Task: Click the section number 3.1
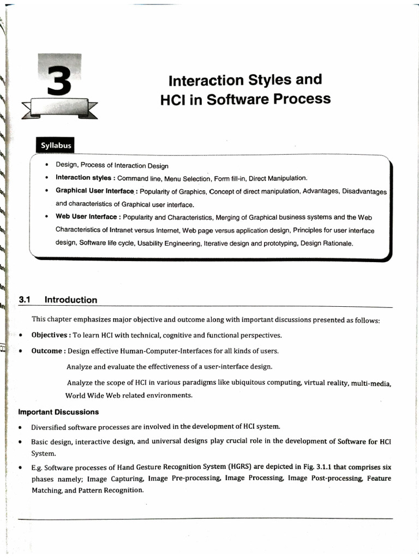[x=26, y=300]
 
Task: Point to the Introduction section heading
[x=71, y=300]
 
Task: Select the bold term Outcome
[x=47, y=351]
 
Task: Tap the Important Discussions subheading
[x=58, y=411]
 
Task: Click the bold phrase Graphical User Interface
[x=95, y=191]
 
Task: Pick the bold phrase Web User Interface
[x=87, y=216]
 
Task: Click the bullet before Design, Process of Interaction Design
[x=47, y=166]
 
